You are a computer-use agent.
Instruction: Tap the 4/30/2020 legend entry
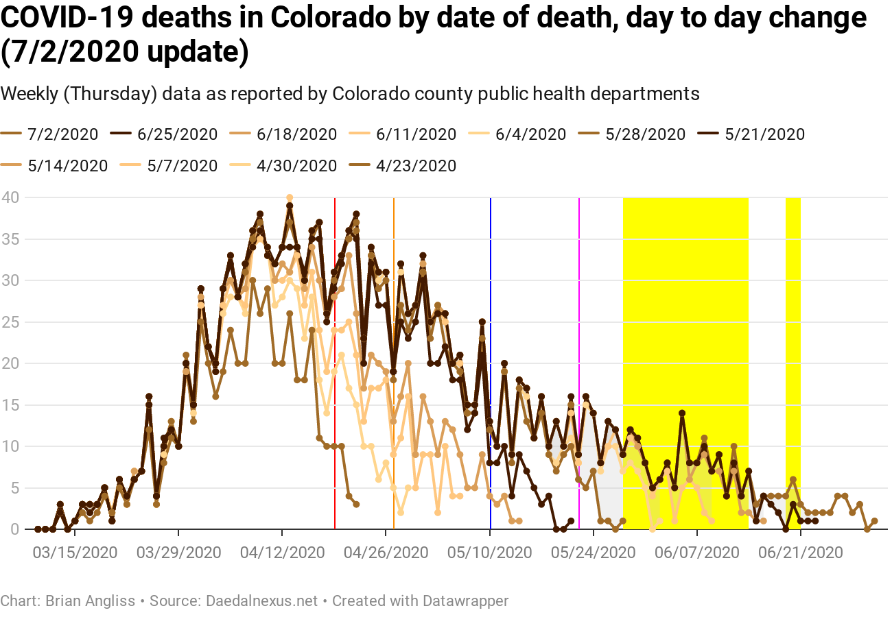[x=298, y=165]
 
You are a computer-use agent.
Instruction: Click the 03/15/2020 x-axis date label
[x=75, y=552]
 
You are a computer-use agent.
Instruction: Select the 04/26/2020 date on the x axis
[x=386, y=552]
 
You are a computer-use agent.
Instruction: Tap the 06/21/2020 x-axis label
[x=801, y=552]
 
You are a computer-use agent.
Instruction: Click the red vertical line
[x=335, y=363]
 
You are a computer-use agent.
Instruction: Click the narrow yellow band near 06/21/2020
[x=793, y=343]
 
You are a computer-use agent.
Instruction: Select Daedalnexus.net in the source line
[x=262, y=601]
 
